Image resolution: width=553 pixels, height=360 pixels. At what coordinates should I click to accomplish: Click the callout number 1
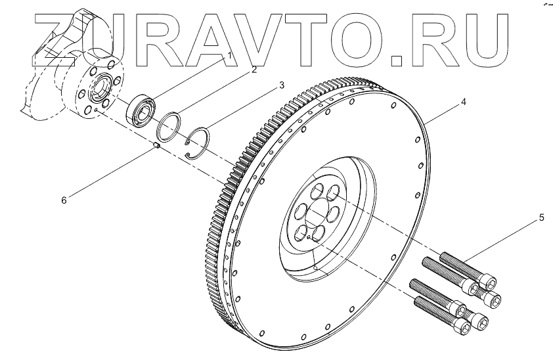point(230,56)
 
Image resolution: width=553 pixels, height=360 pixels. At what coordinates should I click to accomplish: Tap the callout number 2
point(254,70)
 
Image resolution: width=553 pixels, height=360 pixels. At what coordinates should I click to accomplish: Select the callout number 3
point(282,85)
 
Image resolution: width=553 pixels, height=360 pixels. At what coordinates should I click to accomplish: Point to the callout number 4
point(464,102)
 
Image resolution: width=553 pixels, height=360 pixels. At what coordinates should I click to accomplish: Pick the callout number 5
point(541,218)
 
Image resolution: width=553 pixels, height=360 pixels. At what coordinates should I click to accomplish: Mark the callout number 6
point(64,200)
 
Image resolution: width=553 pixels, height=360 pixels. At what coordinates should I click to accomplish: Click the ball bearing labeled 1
point(141,110)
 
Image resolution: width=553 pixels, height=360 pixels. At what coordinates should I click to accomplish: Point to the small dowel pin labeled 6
point(157,145)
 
